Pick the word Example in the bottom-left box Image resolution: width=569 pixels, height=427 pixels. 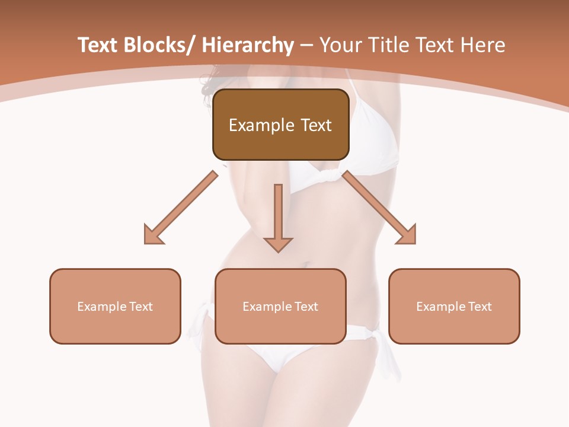[x=101, y=307]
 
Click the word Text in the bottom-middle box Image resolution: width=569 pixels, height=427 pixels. [x=305, y=307]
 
